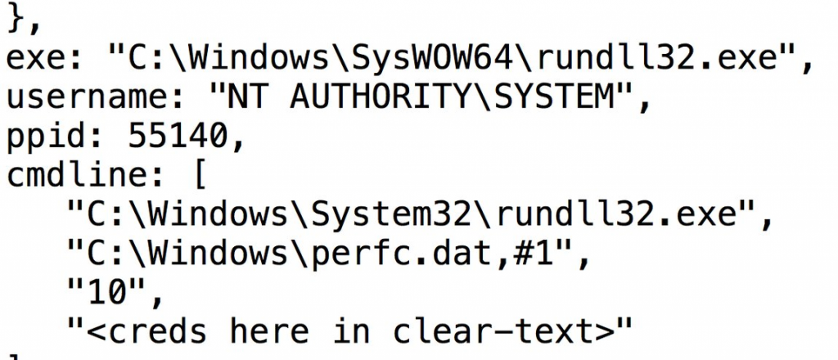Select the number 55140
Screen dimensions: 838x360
point(179,136)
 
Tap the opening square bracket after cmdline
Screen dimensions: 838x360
point(200,176)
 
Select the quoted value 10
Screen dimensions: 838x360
point(109,293)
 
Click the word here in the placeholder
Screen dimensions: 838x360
point(269,331)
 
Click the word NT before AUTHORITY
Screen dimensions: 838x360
point(246,97)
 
